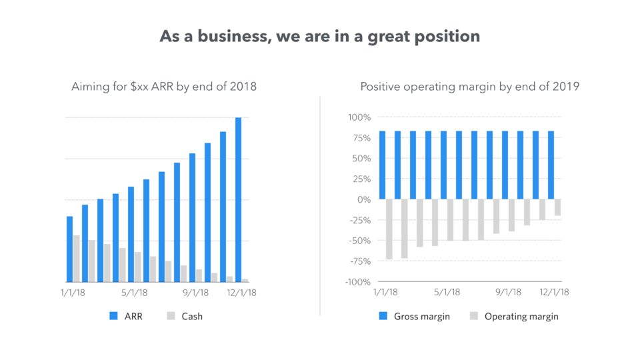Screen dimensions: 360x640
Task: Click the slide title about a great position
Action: coord(319,36)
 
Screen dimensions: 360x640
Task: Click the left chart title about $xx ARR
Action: coord(164,87)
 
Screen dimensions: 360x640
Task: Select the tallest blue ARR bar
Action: coord(238,199)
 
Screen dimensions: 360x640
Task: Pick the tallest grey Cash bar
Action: coord(77,258)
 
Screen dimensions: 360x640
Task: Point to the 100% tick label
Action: coord(359,118)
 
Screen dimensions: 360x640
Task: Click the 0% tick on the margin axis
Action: coord(363,199)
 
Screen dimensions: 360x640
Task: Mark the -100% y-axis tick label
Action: coord(357,282)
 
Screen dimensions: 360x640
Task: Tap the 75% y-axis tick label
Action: coord(361,138)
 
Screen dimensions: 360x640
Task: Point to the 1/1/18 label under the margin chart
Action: coord(385,292)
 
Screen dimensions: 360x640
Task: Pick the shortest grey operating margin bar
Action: coord(557,207)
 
